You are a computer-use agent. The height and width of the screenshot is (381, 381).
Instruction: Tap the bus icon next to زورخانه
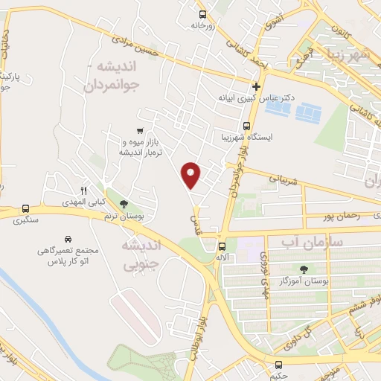(x=203, y=13)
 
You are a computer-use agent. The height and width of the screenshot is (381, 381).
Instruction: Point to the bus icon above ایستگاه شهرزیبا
(x=246, y=126)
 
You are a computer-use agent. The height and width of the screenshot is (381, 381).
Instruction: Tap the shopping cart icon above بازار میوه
(x=138, y=130)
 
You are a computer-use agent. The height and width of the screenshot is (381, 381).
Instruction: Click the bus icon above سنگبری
(x=26, y=209)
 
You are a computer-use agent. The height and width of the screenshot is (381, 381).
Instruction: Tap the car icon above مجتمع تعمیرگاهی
(x=68, y=240)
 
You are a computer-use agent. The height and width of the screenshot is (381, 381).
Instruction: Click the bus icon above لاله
(x=222, y=246)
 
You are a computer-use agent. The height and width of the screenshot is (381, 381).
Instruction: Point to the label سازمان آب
(x=310, y=241)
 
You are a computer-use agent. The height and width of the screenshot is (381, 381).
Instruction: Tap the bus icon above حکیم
(x=279, y=365)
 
